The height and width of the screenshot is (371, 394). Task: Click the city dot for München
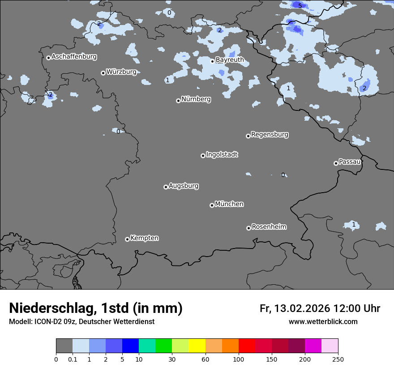(x=212, y=205)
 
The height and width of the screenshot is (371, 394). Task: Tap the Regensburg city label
(x=270, y=135)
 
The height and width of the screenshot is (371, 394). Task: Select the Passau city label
(x=350, y=162)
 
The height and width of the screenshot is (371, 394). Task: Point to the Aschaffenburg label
(x=74, y=57)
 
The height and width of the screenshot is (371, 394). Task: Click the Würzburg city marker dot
(x=103, y=73)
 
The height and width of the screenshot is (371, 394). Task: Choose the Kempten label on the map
(x=144, y=238)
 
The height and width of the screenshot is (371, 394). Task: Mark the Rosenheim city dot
(x=248, y=228)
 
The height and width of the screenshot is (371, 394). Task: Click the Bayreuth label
(x=230, y=60)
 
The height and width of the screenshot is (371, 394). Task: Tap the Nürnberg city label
(x=196, y=99)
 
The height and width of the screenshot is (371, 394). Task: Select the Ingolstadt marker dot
(x=203, y=156)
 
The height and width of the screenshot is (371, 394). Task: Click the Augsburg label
(x=184, y=186)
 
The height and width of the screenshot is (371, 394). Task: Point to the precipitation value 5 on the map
(x=300, y=6)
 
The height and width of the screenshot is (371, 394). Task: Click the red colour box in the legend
(x=247, y=346)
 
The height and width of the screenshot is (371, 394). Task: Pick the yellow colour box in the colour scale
(x=197, y=346)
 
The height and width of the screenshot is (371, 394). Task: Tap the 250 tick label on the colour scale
(x=338, y=359)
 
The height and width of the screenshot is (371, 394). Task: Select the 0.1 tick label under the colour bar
(x=72, y=359)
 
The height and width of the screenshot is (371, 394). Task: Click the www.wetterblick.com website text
(x=323, y=322)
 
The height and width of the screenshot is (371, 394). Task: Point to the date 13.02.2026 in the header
(x=302, y=308)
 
